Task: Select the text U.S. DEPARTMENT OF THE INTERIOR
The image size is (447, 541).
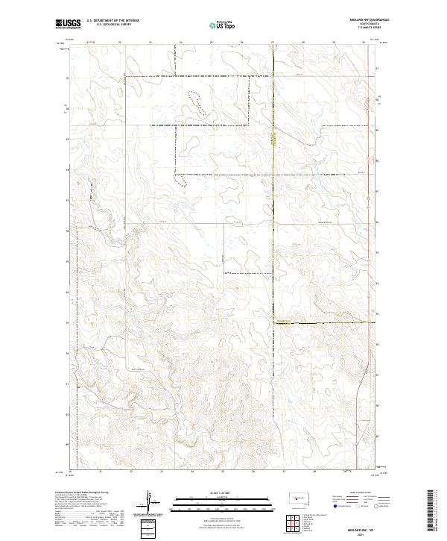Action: point(112,21)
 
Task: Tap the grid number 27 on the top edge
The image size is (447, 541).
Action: point(273,42)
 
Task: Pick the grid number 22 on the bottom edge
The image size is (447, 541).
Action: point(130,471)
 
